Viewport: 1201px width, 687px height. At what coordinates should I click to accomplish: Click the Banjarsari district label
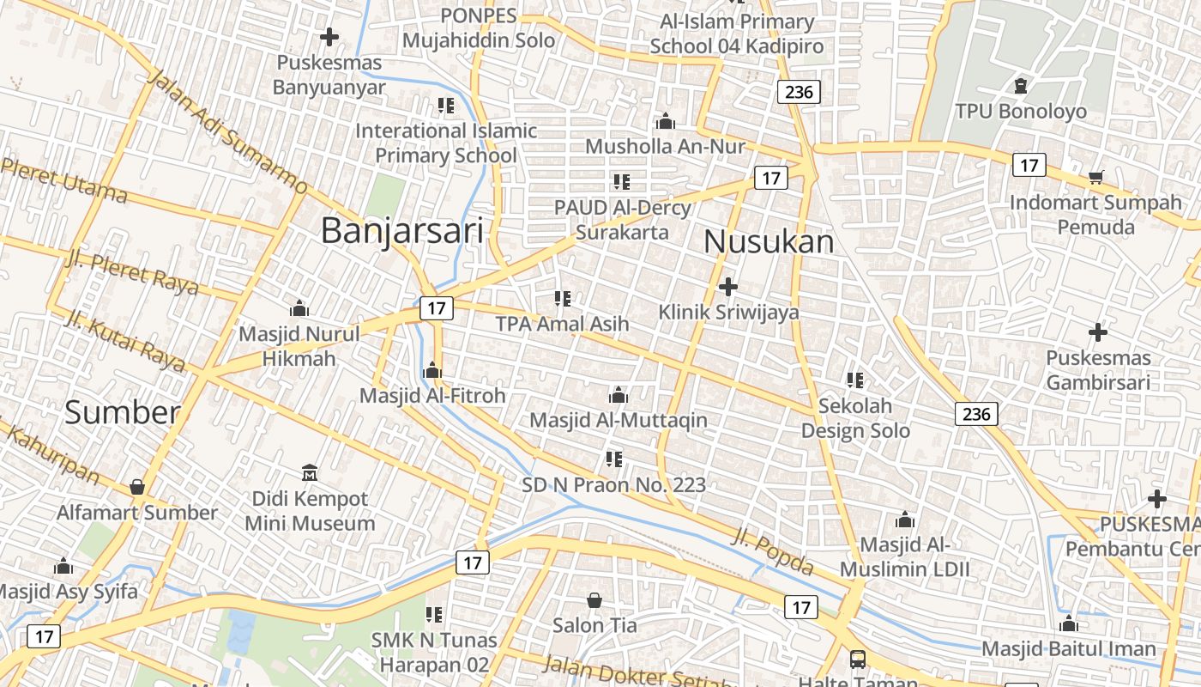(401, 231)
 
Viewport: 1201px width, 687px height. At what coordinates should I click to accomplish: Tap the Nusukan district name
(769, 242)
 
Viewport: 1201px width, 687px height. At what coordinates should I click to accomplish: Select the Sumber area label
(123, 413)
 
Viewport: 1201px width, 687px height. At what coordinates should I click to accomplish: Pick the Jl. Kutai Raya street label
(125, 341)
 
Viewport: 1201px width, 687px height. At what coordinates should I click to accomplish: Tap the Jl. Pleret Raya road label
(131, 272)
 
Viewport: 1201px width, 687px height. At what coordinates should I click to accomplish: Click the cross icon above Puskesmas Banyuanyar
(329, 37)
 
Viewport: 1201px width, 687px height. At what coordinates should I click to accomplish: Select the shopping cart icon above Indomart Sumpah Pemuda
(1095, 178)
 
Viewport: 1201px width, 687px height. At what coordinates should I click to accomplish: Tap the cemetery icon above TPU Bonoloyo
(1020, 86)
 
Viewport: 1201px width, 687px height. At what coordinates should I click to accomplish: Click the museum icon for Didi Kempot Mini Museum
(310, 472)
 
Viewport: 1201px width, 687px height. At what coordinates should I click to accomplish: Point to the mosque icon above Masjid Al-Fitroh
(432, 370)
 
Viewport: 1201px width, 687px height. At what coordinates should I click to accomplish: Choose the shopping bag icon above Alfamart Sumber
(137, 487)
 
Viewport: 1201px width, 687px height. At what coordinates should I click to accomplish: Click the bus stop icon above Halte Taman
(857, 660)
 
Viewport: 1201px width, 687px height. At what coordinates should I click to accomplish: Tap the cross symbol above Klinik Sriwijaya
(728, 286)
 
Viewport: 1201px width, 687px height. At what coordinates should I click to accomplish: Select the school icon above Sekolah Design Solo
(854, 380)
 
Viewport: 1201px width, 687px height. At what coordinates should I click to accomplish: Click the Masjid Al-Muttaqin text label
(619, 420)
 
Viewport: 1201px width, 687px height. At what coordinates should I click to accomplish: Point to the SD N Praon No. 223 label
(614, 485)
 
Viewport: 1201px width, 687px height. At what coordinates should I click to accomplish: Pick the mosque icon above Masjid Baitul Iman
(1069, 623)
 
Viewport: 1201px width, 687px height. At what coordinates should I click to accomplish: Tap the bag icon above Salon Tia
(594, 599)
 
